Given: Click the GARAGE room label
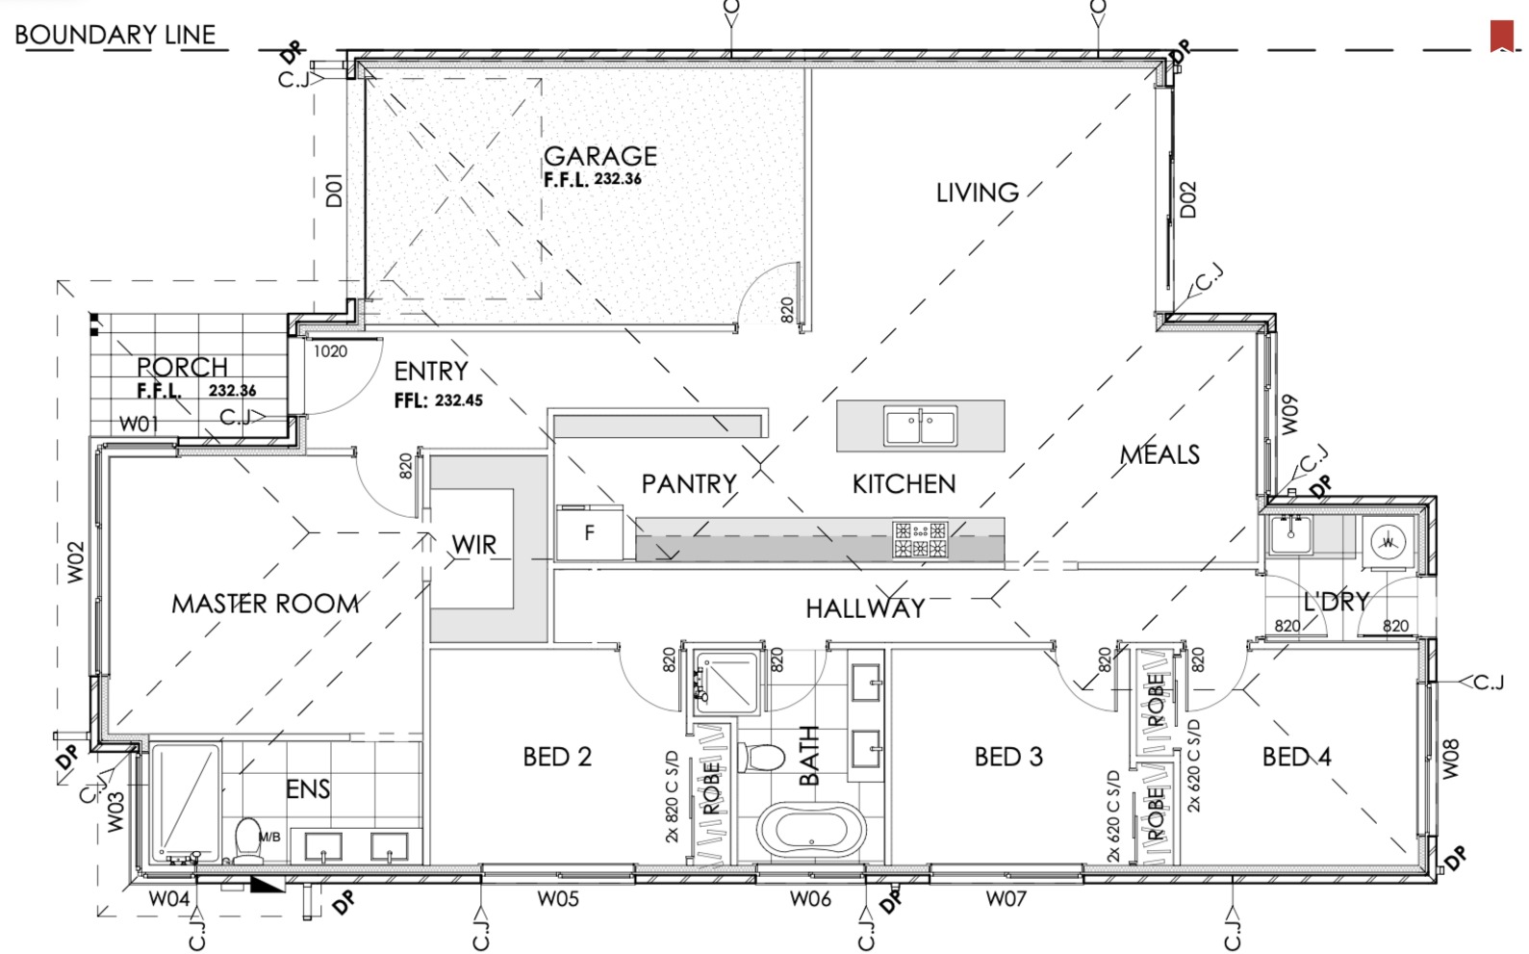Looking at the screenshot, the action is (600, 156).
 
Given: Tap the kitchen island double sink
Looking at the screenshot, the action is (920, 425).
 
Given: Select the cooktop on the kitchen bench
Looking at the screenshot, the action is (920, 539).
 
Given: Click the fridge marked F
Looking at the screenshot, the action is (590, 533).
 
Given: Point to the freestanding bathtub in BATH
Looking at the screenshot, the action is (811, 829).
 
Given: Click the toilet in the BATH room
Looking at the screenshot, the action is (762, 758).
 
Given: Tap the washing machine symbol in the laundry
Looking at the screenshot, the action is (1388, 542).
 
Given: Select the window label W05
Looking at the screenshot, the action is (558, 899).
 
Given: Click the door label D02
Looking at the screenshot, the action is (1187, 199).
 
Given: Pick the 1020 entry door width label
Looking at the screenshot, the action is (330, 351).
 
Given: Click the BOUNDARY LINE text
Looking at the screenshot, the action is (115, 35).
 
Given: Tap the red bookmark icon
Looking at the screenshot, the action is (1502, 36).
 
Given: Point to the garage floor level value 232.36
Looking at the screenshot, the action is (617, 179).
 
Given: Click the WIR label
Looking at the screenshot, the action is (473, 545).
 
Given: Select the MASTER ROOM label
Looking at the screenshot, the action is (266, 604).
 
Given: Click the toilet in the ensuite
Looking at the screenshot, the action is (248, 840).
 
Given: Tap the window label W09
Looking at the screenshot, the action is (1288, 415).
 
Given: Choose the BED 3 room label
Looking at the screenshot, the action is (1008, 757).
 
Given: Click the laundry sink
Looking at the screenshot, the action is (1290, 534).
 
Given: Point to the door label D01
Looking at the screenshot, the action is (333, 190).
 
